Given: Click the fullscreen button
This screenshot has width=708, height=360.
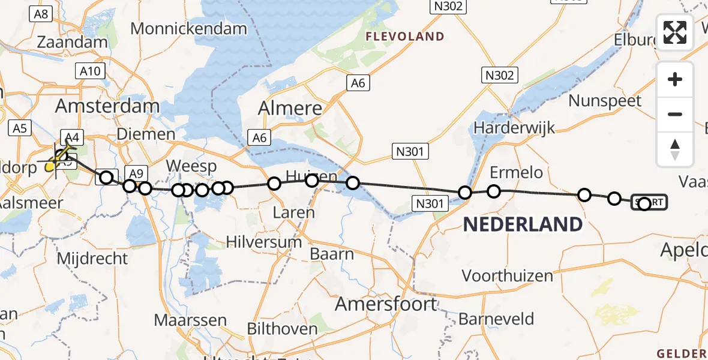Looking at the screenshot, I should click(x=675, y=32).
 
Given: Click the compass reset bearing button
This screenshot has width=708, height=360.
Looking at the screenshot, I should click(x=675, y=149).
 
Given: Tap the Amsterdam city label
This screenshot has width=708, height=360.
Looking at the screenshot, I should click(x=107, y=107).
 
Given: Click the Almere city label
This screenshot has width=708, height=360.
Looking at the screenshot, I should click(x=290, y=109).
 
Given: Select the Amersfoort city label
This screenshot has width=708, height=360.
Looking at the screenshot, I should click(x=386, y=304).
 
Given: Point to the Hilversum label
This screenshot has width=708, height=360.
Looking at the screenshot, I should click(x=264, y=242).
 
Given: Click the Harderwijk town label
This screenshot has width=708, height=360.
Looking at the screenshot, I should click(x=514, y=128).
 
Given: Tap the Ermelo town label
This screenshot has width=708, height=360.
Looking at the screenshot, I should click(x=516, y=173).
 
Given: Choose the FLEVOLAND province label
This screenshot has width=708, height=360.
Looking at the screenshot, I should click(x=406, y=37).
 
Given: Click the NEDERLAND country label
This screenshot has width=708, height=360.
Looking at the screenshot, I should click(x=523, y=225).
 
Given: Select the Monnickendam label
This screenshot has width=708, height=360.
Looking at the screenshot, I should click(x=188, y=28).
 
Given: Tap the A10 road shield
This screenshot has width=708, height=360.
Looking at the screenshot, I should click(x=90, y=71).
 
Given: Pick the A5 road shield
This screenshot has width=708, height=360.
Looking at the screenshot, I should click(x=20, y=128).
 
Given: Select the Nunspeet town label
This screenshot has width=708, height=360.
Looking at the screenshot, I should click(x=605, y=101).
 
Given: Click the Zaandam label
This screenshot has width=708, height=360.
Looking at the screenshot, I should click(x=72, y=43).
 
